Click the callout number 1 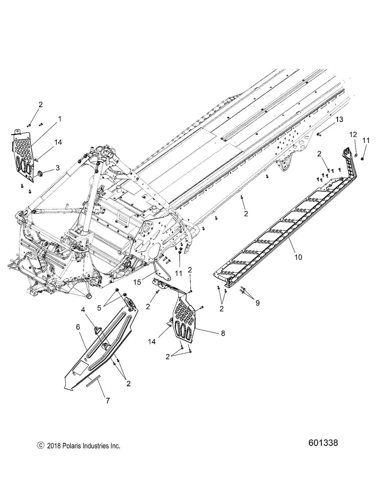(60, 119)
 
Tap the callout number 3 (57, 167)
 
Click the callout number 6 (78, 327)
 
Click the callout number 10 (298, 257)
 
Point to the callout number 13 (339, 120)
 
